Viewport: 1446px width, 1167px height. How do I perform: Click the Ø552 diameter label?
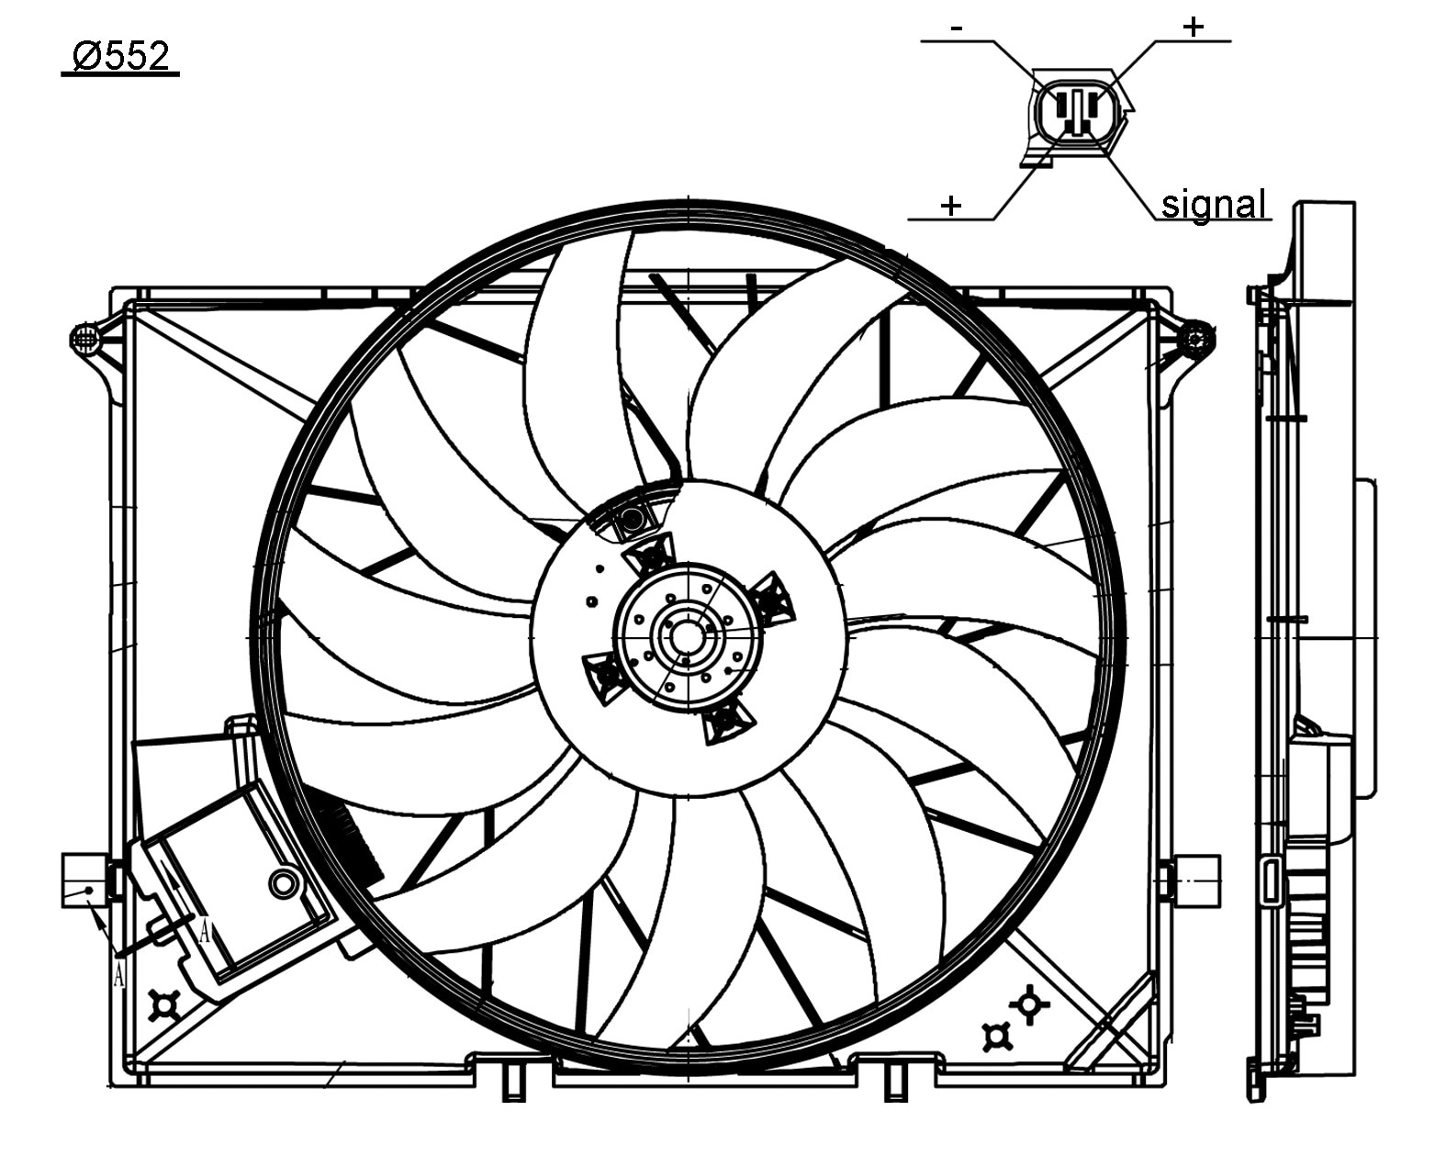120,57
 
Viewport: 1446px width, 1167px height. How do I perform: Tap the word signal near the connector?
1213,204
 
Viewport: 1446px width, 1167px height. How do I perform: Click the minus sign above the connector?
957,28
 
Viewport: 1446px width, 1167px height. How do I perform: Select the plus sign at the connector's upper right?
1192,27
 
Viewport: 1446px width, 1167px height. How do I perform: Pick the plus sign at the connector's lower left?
951,205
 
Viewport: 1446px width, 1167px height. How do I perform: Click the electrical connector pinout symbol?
1075,114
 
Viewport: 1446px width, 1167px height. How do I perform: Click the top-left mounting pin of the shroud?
84,340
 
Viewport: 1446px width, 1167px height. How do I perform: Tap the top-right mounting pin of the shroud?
1196,339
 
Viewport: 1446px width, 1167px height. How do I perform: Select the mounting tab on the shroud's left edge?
84,880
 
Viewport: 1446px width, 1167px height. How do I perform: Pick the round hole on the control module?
285,883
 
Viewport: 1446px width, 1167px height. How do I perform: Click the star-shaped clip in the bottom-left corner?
164,1006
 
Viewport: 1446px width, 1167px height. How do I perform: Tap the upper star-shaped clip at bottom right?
1029,1004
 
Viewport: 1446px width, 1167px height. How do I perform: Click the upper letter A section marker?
205,933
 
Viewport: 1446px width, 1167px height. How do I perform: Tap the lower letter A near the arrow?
118,974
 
